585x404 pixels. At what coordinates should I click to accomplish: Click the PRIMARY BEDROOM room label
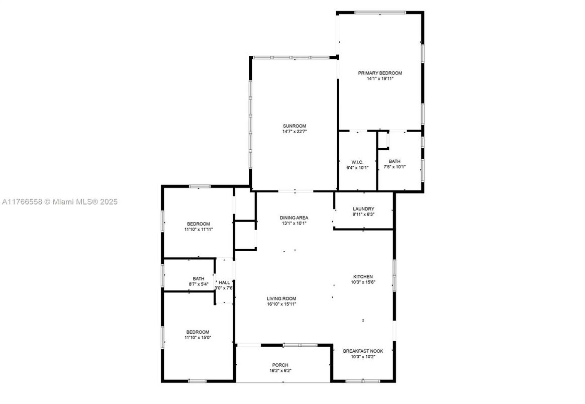click(380, 73)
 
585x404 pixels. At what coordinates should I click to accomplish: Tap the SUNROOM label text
click(295, 126)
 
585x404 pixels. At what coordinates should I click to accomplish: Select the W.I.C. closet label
click(357, 162)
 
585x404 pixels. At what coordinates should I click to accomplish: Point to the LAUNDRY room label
click(363, 209)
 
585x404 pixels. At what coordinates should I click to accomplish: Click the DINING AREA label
click(294, 218)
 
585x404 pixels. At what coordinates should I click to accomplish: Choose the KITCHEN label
click(363, 277)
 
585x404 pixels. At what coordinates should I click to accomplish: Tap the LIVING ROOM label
click(281, 298)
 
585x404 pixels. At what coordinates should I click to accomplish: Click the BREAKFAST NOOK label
click(363, 351)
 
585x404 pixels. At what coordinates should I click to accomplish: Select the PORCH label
click(280, 365)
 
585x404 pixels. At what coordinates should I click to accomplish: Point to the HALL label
click(224, 283)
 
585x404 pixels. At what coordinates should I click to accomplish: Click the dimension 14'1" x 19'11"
click(380, 79)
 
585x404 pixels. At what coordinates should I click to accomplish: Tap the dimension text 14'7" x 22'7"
click(295, 132)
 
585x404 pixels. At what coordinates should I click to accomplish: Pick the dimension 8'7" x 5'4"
click(199, 284)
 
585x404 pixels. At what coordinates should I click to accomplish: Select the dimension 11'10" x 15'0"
click(198, 338)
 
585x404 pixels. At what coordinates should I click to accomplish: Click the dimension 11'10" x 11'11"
click(199, 230)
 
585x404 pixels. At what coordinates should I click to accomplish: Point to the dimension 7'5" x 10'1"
click(395, 167)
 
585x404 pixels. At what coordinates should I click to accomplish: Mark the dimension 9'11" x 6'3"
click(363, 215)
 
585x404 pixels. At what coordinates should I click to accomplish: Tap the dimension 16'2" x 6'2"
click(280, 371)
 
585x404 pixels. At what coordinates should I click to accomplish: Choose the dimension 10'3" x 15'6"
click(363, 282)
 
